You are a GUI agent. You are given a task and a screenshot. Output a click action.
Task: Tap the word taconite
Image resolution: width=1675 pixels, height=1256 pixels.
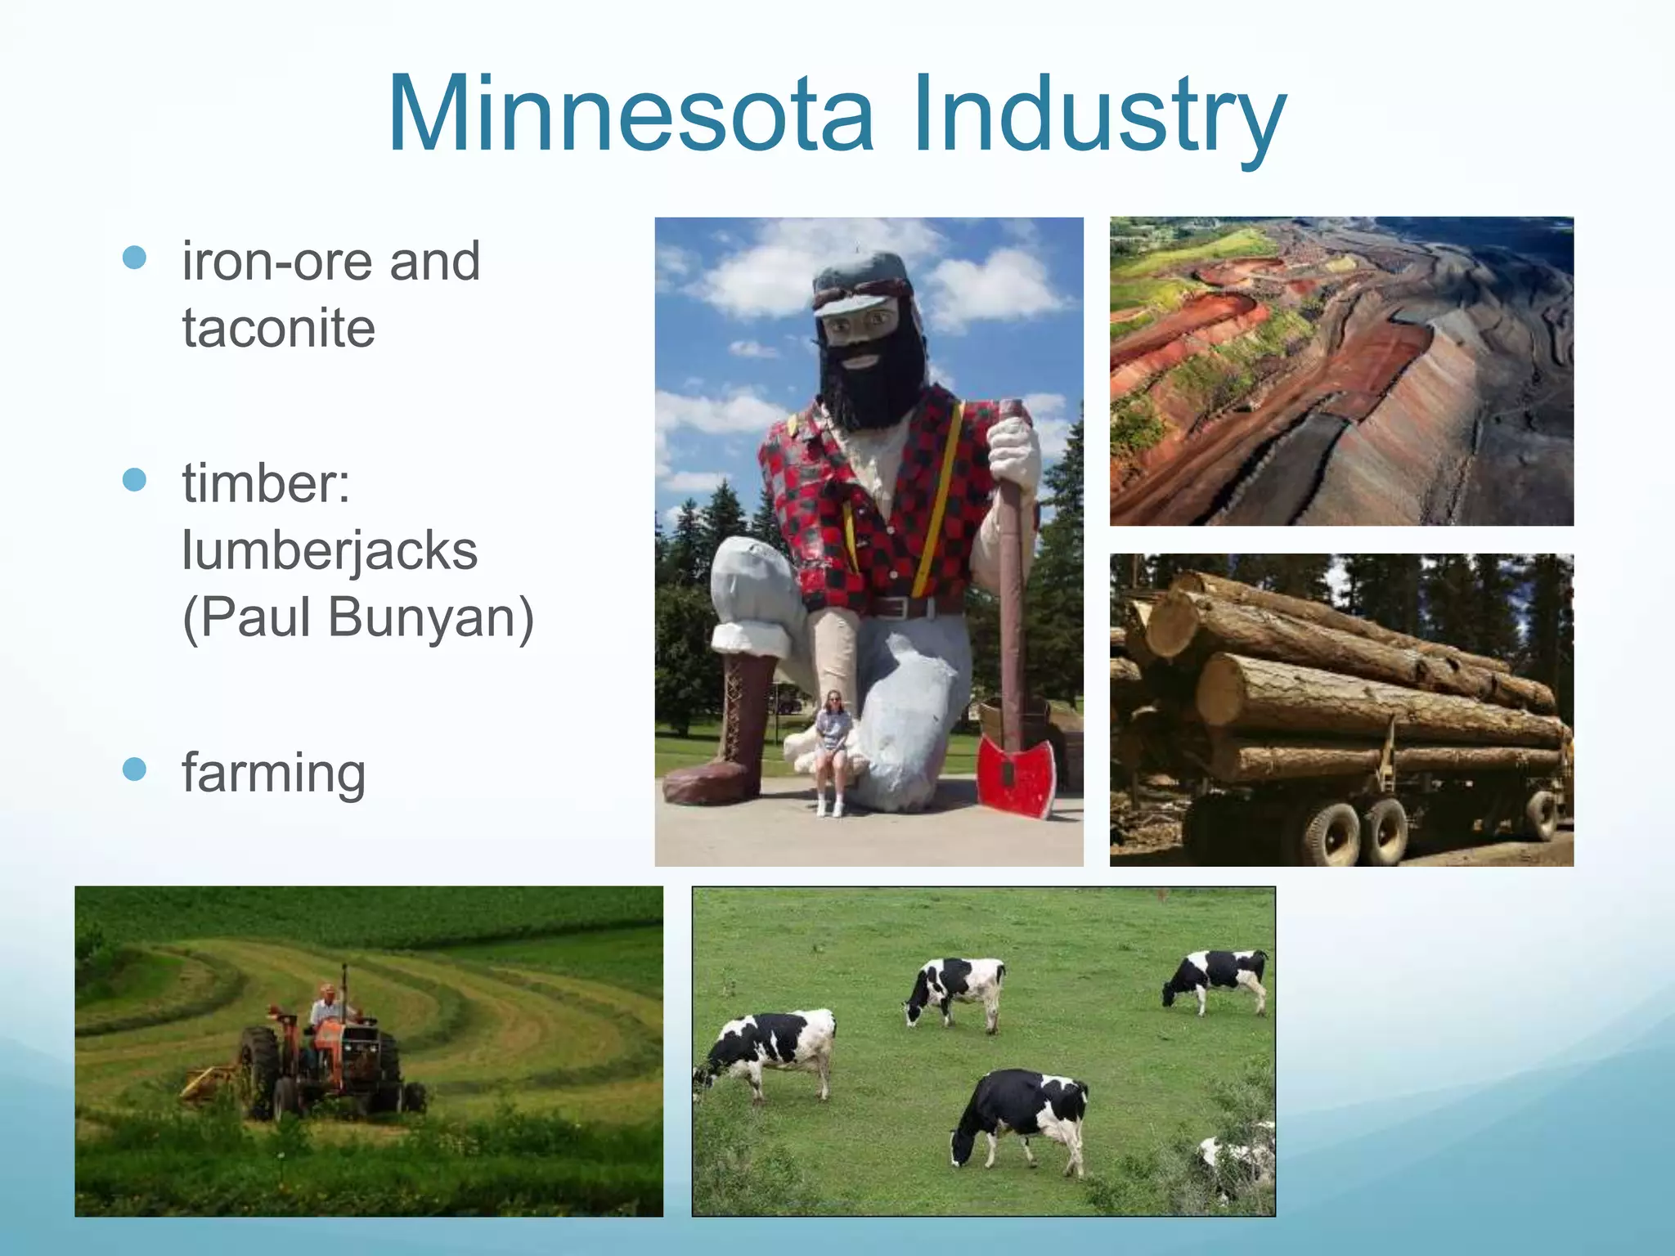click(x=278, y=328)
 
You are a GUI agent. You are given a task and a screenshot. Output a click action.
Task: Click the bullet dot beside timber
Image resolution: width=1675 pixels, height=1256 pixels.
click(x=134, y=479)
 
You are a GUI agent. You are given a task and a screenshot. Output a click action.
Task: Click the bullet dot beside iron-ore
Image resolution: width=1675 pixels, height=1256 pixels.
click(x=134, y=258)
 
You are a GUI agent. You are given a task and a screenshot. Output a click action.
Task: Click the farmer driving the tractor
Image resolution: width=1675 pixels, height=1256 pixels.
click(x=327, y=1010)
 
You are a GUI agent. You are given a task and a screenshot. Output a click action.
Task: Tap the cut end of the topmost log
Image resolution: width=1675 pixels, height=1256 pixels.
click(x=1171, y=626)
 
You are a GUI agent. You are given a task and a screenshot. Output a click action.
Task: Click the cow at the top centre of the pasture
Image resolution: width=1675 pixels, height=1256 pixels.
click(x=957, y=988)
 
